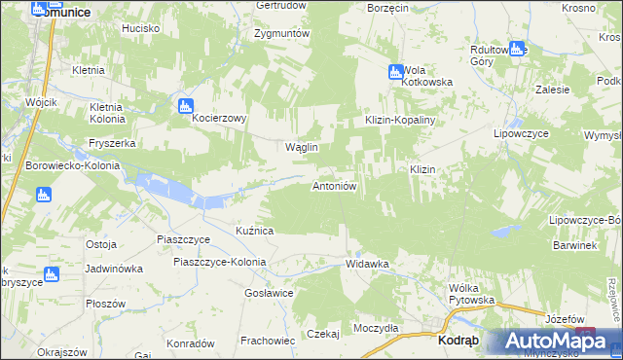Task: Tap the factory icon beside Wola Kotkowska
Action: coord(395,71)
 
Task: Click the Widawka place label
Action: coord(367,264)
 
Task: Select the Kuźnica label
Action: coord(255,231)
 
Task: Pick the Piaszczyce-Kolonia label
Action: coord(219,262)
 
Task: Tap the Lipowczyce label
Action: coord(523,132)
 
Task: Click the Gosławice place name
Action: coord(269,293)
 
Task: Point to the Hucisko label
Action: coord(140,28)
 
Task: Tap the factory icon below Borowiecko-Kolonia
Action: coord(43,195)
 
